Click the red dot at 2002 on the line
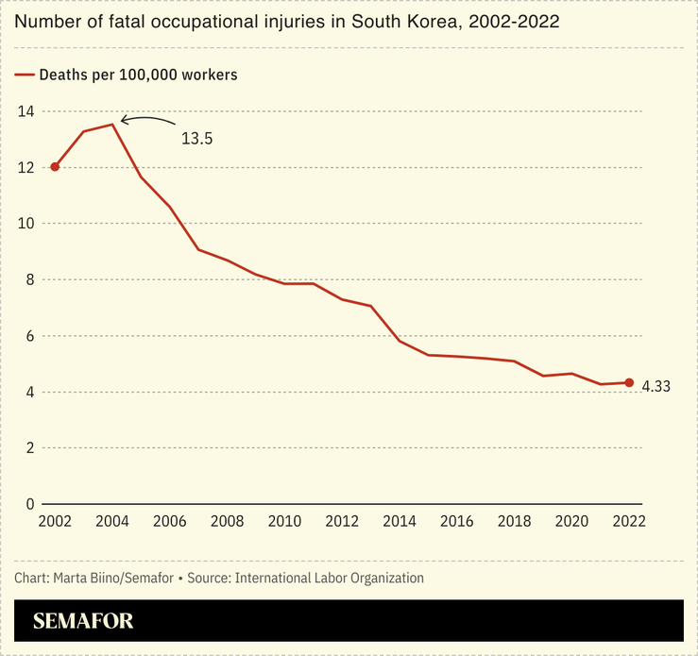coord(55,167)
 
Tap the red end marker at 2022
coord(629,382)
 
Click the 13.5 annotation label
coord(196,139)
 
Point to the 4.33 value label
coord(655,386)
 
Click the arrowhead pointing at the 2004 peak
coord(124,121)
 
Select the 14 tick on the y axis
coord(26,111)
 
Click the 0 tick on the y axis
coord(30,504)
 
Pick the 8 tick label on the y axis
coord(30,279)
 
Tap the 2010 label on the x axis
coord(284,521)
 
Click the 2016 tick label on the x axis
coord(457,521)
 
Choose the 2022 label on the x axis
coord(628,521)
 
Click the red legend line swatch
coord(25,75)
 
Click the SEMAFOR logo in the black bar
coord(83,621)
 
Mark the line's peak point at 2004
coord(112,124)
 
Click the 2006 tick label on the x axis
coord(169,521)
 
